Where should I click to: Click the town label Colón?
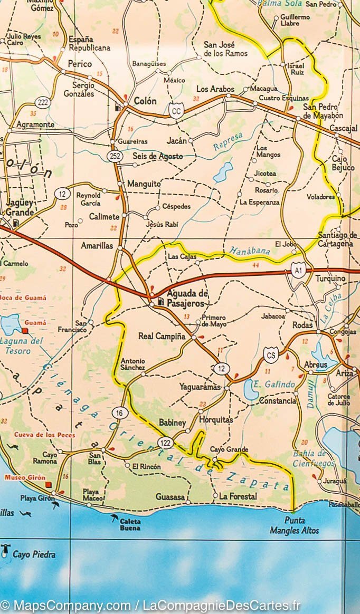click(145, 101)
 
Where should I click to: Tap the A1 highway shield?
click(298, 271)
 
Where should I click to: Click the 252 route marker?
click(115, 156)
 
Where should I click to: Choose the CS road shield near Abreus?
click(271, 355)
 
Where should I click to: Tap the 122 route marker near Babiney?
click(165, 442)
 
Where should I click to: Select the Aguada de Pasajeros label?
click(187, 299)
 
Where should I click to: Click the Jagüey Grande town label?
click(20, 207)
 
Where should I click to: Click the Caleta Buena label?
click(130, 524)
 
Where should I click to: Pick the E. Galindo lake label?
click(273, 385)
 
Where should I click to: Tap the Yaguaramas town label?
click(199, 387)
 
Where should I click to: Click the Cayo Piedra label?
click(34, 554)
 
